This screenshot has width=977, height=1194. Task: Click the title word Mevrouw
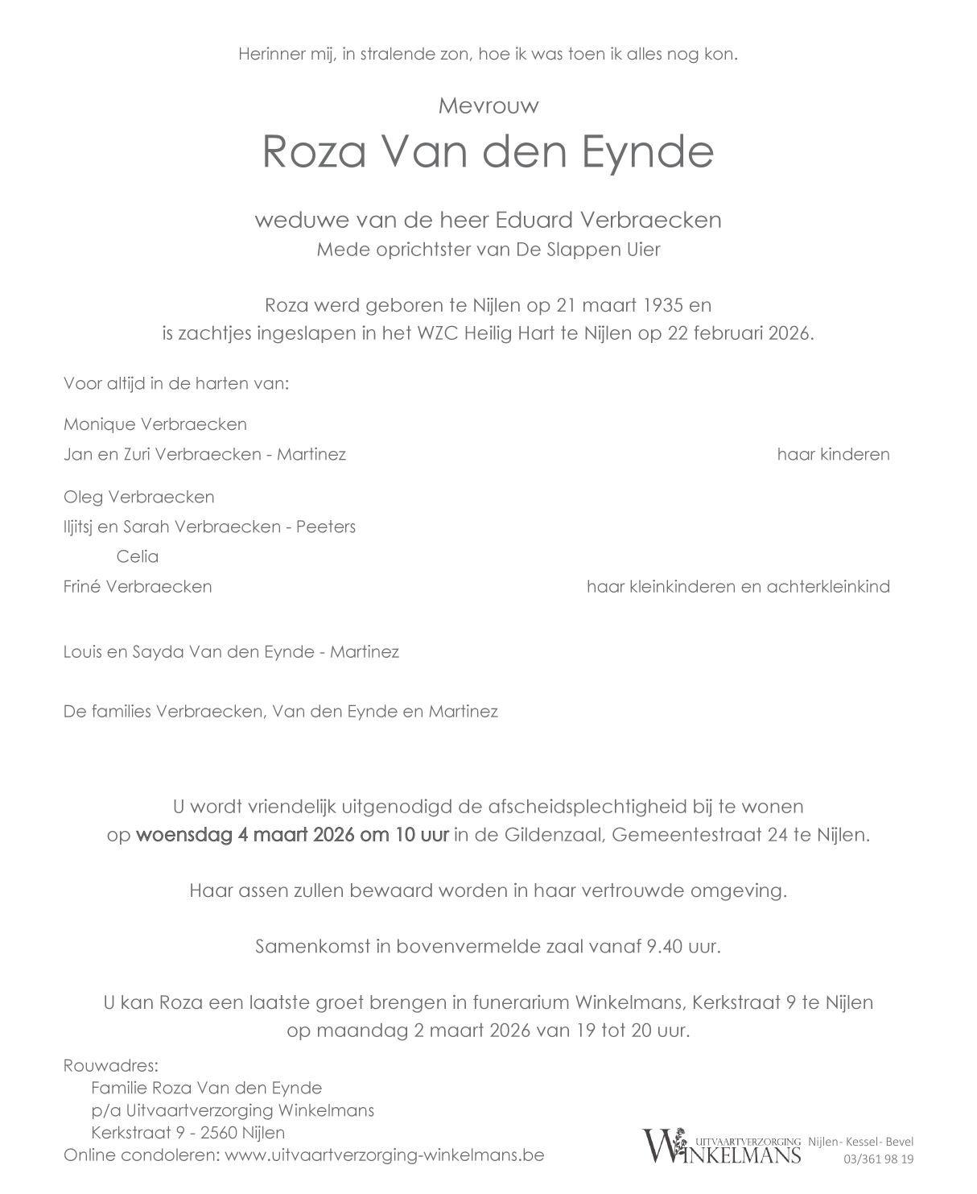(488, 105)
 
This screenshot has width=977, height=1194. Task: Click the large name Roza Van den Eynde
(488, 151)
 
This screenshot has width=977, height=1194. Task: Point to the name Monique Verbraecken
(155, 424)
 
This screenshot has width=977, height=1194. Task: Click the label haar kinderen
(833, 454)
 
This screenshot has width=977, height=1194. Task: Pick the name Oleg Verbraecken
(139, 497)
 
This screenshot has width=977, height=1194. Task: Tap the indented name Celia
(138, 556)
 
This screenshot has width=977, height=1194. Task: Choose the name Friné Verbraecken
(138, 586)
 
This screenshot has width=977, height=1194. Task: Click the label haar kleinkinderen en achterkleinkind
(738, 586)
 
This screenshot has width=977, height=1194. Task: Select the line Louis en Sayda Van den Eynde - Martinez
(231, 651)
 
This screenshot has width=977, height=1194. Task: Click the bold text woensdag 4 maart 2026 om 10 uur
(292, 834)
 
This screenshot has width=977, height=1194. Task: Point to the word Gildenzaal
(551, 834)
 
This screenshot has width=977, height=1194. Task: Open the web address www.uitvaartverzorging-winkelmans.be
(385, 1155)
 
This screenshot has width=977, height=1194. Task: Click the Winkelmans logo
(721, 1146)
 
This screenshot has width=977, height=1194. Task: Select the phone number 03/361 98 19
(878, 1159)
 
